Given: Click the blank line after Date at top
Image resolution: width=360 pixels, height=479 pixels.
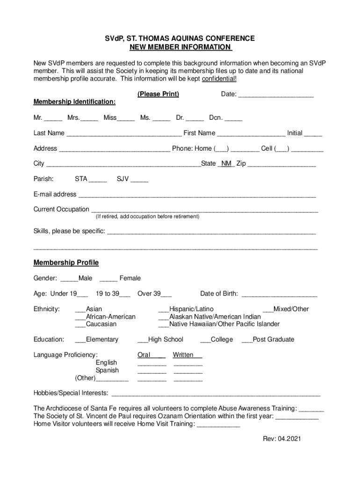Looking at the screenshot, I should (x=276, y=95).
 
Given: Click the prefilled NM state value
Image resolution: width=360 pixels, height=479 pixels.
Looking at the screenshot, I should (x=226, y=164).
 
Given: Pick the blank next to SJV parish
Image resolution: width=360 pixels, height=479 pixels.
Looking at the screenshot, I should (x=139, y=180).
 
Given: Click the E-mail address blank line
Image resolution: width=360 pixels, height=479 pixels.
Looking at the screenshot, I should (x=197, y=195).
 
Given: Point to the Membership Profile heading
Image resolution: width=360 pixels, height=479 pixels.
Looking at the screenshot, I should (x=66, y=263).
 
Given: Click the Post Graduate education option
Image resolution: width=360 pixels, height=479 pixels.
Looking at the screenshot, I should (x=268, y=340).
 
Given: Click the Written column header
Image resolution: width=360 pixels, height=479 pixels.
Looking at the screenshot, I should (x=183, y=355).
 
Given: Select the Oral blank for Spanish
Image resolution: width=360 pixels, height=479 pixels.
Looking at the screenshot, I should (x=152, y=371).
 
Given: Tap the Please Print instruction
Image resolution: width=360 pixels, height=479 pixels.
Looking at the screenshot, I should (x=158, y=94).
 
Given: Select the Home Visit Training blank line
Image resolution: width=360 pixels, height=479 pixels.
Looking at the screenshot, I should (x=218, y=425).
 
